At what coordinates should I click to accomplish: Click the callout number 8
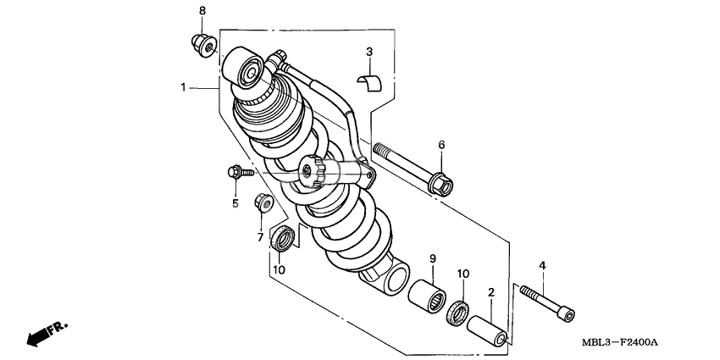(202, 10)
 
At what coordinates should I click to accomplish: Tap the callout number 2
(490, 292)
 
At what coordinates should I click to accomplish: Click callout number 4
(543, 266)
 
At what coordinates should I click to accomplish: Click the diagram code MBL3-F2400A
(621, 341)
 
